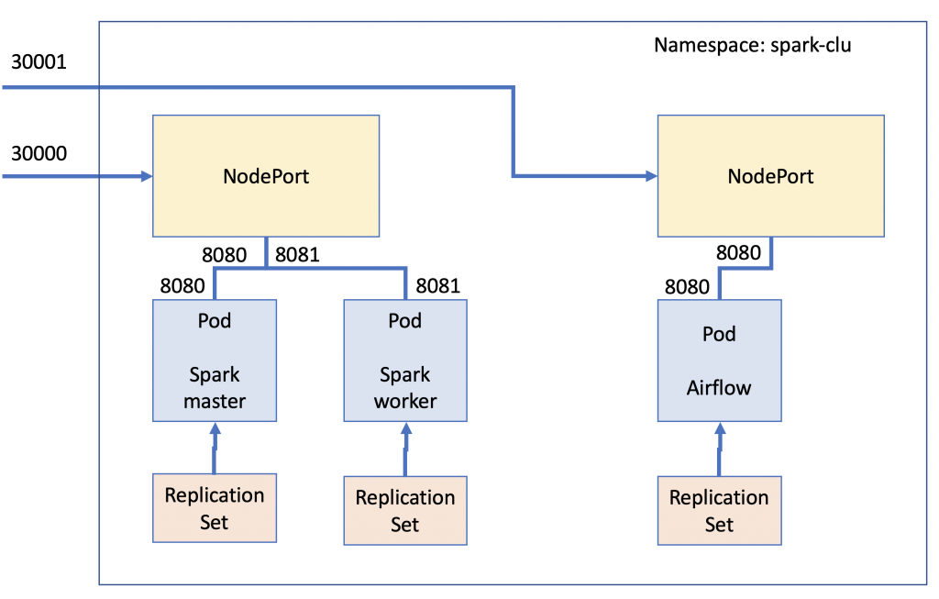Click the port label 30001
(x=39, y=61)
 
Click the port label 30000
(x=39, y=153)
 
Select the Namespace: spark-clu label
(x=752, y=46)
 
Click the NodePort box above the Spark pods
(x=266, y=176)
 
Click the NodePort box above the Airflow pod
(x=770, y=176)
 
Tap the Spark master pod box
(x=215, y=361)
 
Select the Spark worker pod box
(x=405, y=361)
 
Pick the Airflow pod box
(x=719, y=361)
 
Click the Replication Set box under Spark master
(x=215, y=508)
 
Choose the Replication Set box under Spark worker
(x=405, y=510)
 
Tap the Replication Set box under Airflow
(x=719, y=510)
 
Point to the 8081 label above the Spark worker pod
(x=437, y=285)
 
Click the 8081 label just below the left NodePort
(x=297, y=255)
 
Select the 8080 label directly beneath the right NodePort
(x=738, y=253)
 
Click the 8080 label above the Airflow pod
(x=687, y=287)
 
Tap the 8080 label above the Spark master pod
(x=182, y=285)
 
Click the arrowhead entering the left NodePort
(x=147, y=176)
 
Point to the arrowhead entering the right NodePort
(x=652, y=176)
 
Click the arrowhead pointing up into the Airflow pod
(x=720, y=428)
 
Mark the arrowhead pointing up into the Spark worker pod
(x=406, y=428)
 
